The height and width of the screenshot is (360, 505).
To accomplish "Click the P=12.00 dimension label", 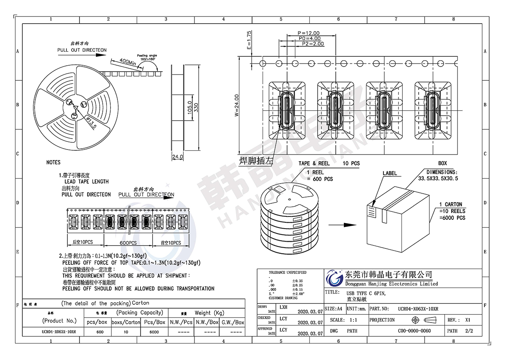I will (308, 33).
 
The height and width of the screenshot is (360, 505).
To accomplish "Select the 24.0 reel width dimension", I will (178, 157).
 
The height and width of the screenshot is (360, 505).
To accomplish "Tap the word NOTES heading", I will (53, 162).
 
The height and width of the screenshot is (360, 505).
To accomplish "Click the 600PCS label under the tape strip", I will (128, 243).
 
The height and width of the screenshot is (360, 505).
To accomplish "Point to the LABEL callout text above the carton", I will (390, 173).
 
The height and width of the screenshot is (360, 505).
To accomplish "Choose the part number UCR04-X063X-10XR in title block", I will (418, 309).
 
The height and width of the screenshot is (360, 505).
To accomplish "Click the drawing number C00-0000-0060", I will (414, 331).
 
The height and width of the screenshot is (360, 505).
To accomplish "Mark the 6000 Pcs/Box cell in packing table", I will (154, 332).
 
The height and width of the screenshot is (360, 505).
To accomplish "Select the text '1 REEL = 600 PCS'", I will (319, 176).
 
